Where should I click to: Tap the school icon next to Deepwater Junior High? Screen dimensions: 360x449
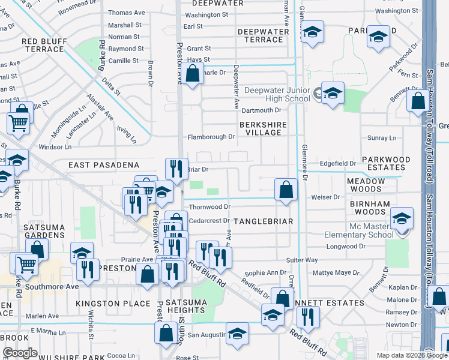click(333, 94)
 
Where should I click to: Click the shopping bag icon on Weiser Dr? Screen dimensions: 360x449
click(286, 190)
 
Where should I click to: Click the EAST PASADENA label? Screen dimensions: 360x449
click(104, 164)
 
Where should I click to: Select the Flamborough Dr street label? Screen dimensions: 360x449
click(211, 137)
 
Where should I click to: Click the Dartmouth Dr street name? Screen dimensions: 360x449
click(261, 110)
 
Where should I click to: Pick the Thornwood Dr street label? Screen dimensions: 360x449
click(210, 207)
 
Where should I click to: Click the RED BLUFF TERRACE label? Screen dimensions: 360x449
click(47, 46)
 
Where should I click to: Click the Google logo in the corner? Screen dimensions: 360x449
click(20, 353)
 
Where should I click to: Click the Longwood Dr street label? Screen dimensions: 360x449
click(345, 246)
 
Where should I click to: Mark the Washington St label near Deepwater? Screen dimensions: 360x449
click(206, 14)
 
